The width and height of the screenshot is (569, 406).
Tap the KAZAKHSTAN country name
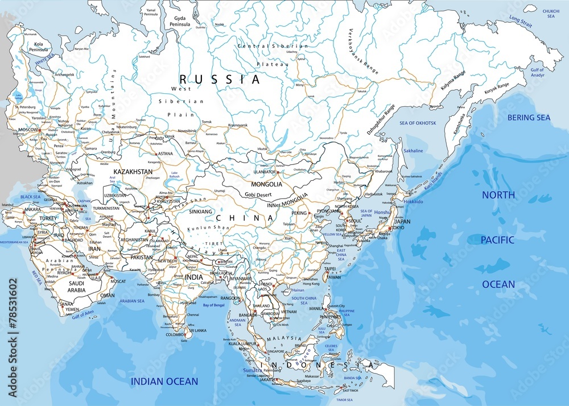click(133, 171)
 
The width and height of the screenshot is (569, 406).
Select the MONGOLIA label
click(266, 184)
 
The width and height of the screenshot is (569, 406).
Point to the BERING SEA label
click(529, 118)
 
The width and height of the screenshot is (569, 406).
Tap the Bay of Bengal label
click(215, 306)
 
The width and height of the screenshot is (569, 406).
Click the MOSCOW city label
click(28, 130)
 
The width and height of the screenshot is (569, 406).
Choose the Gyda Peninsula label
click(178, 22)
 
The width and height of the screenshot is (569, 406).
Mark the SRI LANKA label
click(198, 330)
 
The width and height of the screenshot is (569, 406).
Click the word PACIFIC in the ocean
click(498, 240)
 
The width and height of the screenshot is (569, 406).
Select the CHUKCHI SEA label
click(551, 14)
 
